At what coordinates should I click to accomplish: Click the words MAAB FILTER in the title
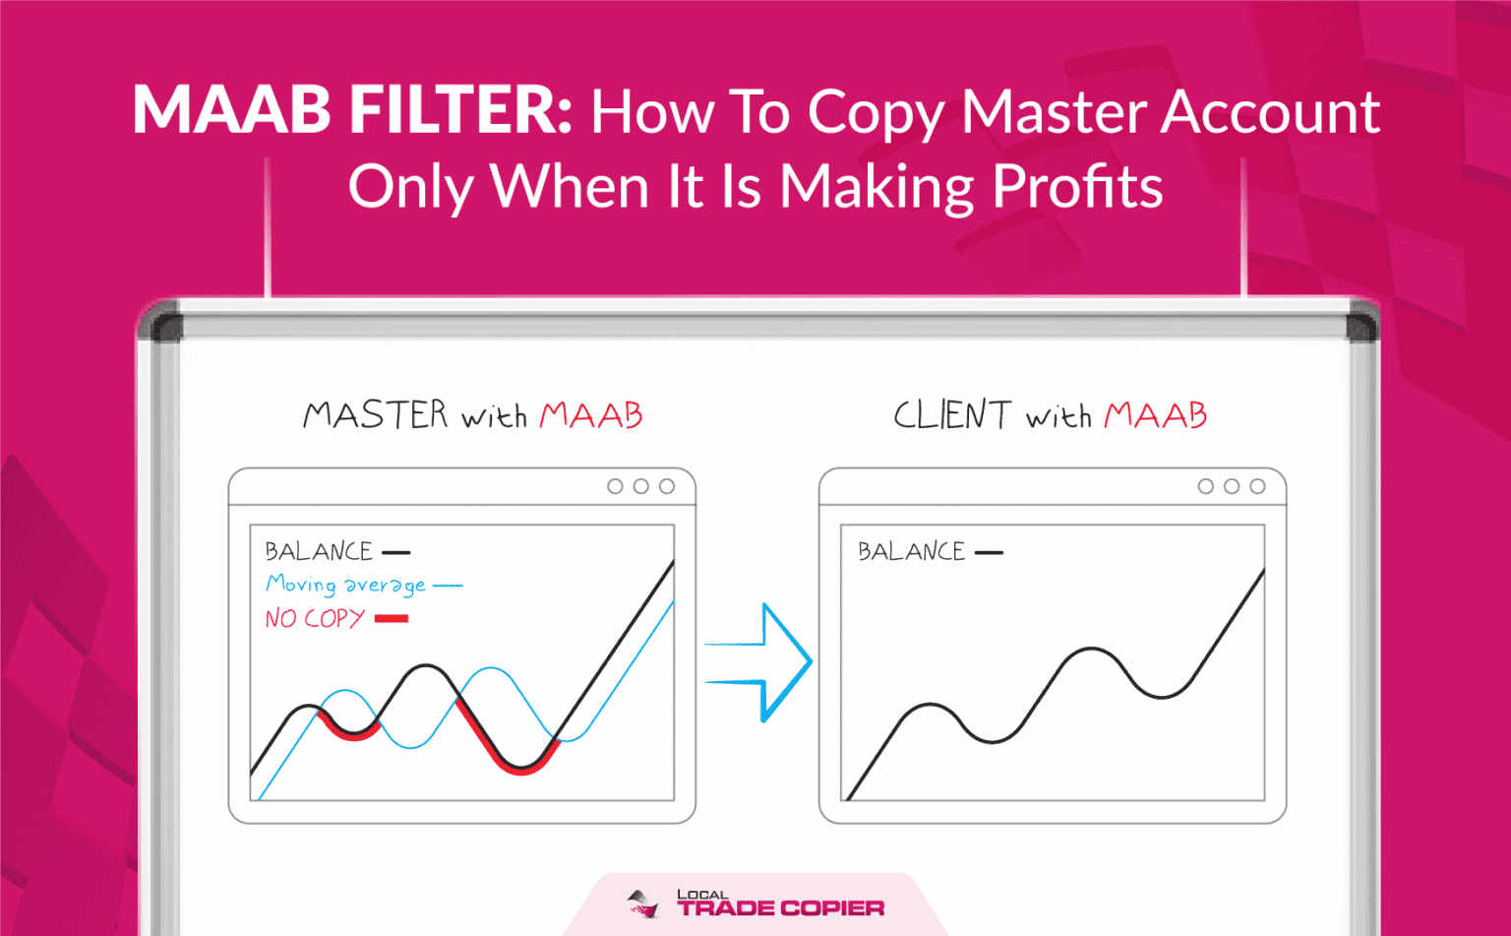coord(352,109)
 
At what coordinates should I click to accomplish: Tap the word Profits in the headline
coord(1077,185)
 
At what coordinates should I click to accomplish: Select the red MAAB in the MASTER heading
coord(591,415)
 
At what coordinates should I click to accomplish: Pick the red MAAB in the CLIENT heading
coord(1156,415)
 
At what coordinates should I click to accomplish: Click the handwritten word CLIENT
coord(952,414)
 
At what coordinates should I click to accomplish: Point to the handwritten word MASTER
coord(376,414)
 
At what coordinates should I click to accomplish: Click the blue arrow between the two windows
coord(758,662)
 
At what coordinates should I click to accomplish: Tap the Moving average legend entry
coord(364,585)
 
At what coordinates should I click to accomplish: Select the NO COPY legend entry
coord(336,618)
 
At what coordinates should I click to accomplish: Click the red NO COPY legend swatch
coord(392,619)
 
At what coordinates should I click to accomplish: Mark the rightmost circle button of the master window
coord(666,486)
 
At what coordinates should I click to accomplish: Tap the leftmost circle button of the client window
coord(1205,486)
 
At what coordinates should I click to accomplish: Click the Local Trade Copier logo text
coord(780,905)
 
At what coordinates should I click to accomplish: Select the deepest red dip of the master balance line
coord(520,770)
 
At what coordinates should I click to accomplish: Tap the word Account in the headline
coord(1270,111)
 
